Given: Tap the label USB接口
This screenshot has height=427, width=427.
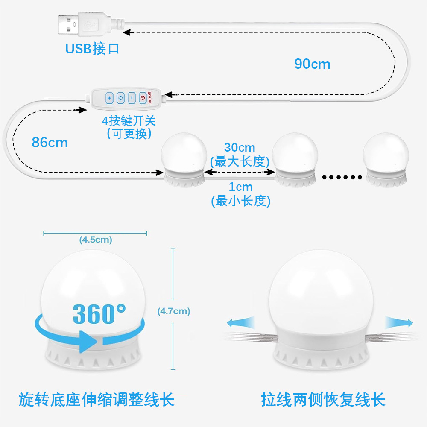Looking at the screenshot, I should [92, 49].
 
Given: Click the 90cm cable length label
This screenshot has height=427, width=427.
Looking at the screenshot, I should [312, 64].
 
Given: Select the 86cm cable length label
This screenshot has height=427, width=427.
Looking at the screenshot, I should [50, 142].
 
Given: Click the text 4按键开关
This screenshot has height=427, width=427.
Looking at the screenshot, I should [129, 120].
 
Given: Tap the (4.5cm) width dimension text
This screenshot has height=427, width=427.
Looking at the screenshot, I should [96, 240].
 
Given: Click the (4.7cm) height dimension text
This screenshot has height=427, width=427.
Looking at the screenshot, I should [174, 311].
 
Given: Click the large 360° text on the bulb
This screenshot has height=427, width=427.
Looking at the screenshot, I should [99, 314].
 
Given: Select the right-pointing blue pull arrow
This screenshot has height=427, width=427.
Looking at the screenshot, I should [399, 322].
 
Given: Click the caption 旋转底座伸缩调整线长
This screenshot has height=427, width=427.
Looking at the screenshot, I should [97, 400].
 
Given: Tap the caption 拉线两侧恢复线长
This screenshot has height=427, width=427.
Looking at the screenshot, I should [323, 400].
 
